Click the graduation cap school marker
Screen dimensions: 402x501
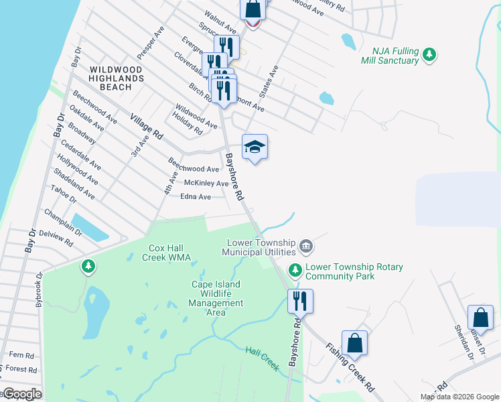coord(255,147)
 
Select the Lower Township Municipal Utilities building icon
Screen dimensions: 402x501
coord(306,247)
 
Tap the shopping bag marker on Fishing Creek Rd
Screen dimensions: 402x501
coord(355,342)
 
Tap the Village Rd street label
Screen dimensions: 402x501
coord(147,125)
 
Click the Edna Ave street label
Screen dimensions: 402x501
coord(196,197)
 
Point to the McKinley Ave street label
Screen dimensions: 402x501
coord(206,184)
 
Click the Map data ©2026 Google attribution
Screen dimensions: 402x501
coord(459,397)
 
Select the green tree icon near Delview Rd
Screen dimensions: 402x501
coord(88,266)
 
